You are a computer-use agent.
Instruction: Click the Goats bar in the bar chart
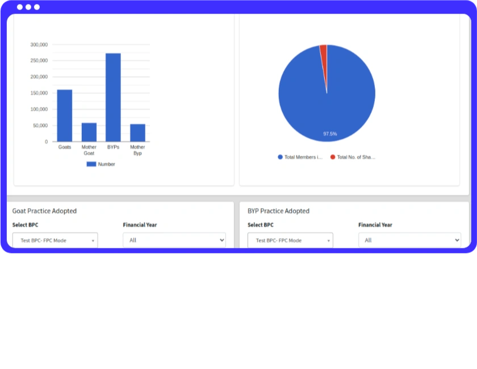(65, 115)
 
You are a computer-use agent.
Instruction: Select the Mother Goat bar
(89, 132)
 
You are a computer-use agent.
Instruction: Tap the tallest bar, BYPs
(113, 97)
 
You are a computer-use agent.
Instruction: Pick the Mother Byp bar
(137, 133)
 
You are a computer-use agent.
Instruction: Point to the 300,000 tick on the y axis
(39, 44)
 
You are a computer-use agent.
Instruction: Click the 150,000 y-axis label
(39, 93)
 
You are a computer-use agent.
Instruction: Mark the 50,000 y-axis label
(40, 125)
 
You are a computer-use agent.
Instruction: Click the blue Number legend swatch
(91, 164)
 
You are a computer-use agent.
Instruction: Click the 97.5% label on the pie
(330, 134)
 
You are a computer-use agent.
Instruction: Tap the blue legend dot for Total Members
(280, 157)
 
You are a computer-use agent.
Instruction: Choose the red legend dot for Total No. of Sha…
(333, 157)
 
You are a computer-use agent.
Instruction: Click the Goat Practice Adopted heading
(44, 211)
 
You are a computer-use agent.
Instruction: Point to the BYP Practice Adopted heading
(278, 211)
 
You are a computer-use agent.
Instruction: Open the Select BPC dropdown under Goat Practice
(55, 240)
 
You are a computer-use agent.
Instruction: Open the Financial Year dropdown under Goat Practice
(174, 240)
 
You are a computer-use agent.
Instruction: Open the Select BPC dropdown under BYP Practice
(290, 240)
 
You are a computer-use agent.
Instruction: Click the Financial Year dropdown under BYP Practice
(409, 240)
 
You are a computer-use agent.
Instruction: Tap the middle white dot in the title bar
(28, 7)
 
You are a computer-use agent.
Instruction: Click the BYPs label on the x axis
(113, 147)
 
